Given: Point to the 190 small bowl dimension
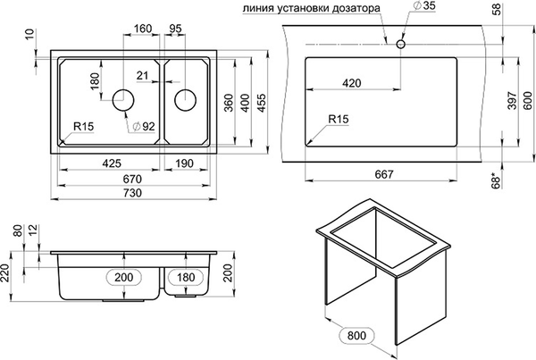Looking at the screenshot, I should click(x=185, y=163).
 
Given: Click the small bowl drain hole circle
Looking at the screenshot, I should click(x=185, y=98).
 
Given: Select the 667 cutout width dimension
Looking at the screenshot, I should click(x=381, y=174).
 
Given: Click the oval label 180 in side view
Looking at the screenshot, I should click(x=186, y=278).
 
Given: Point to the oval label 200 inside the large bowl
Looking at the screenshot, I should click(x=124, y=278).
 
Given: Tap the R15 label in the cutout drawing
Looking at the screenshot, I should click(x=339, y=119).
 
